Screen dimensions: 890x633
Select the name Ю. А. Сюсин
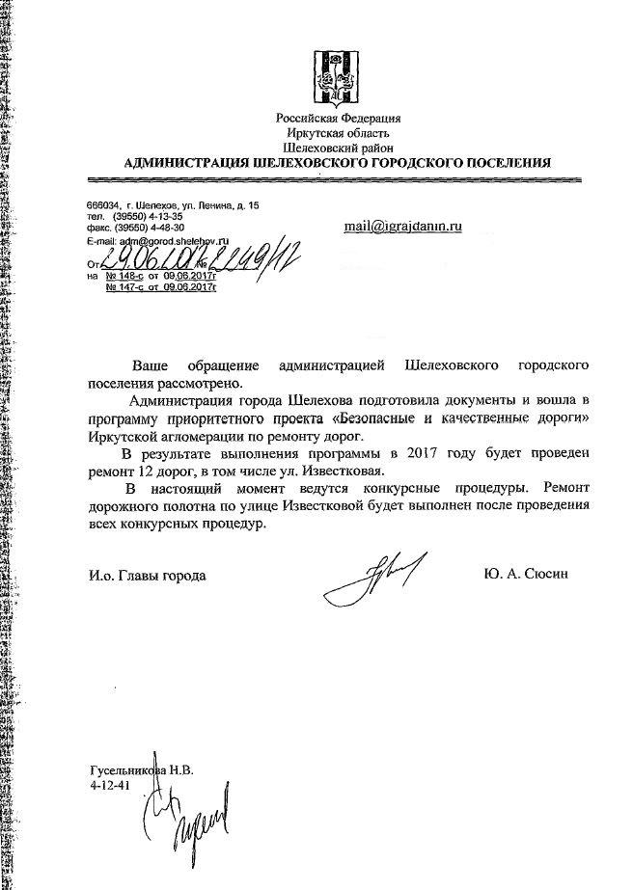[530, 575]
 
